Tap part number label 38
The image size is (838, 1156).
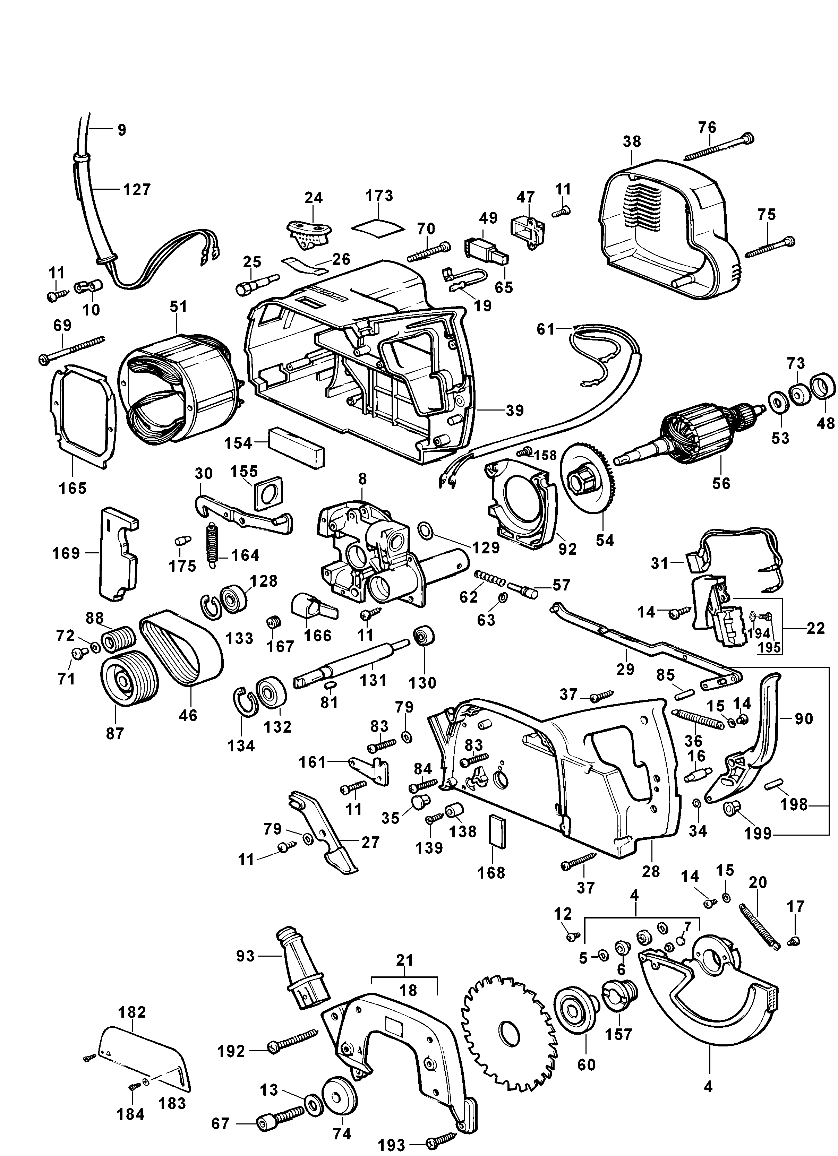click(x=632, y=142)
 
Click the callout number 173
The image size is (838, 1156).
click(x=380, y=196)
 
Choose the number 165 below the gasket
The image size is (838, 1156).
click(x=72, y=488)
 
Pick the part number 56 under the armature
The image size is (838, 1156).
click(x=721, y=482)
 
